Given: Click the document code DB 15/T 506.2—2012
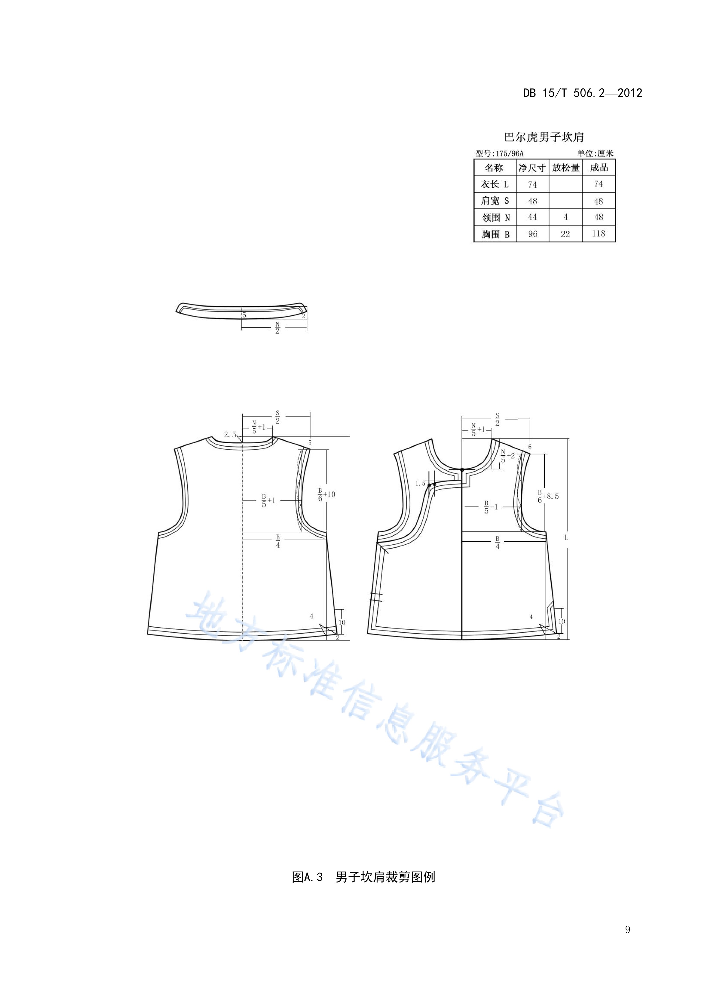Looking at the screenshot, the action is click(x=582, y=93).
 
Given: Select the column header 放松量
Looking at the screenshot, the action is click(x=566, y=168).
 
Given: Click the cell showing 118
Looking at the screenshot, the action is click(x=598, y=234).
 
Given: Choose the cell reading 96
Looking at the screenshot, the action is click(x=533, y=234).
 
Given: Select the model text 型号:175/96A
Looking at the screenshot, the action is click(x=499, y=153).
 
